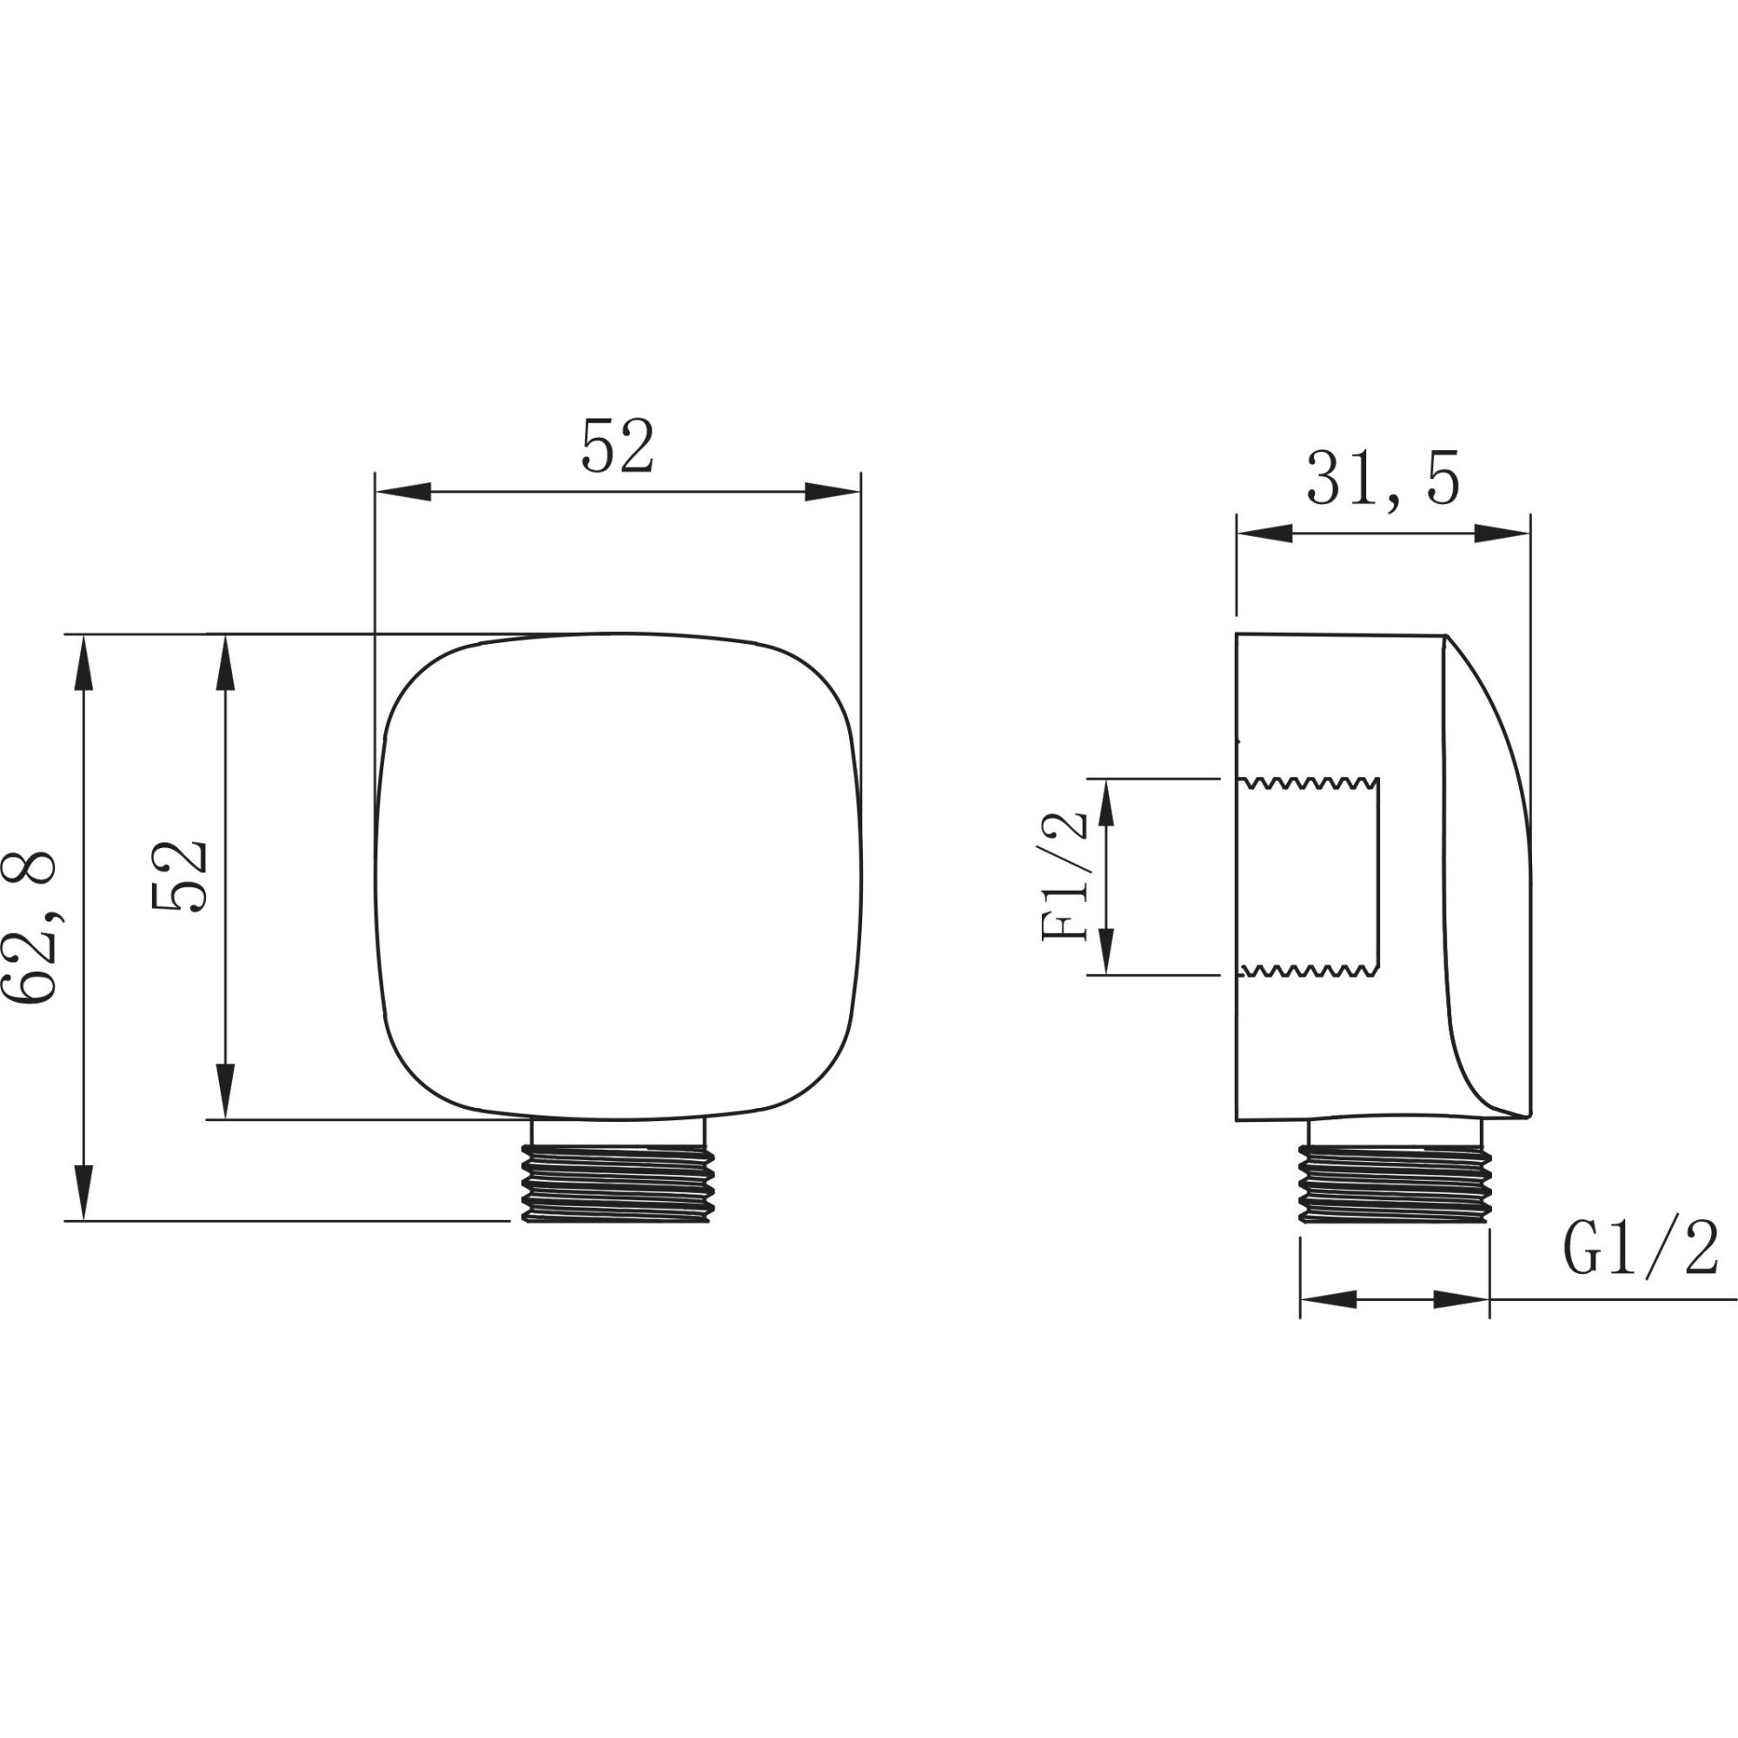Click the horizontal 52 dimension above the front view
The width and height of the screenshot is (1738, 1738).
(617, 446)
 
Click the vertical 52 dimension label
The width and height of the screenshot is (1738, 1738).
(180, 877)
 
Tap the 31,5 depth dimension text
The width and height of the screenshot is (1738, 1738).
(1383, 480)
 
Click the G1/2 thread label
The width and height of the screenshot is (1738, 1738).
(1641, 1250)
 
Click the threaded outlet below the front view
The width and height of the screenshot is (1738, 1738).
(618, 1183)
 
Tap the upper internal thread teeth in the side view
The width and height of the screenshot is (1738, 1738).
(1310, 784)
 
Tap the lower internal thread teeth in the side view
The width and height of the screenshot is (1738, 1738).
(1310, 970)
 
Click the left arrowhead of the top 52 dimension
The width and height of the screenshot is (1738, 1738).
(403, 492)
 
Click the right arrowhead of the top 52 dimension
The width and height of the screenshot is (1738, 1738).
(833, 492)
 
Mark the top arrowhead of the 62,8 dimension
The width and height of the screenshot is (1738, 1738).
(83, 663)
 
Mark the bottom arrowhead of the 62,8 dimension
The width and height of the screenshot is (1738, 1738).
(83, 1192)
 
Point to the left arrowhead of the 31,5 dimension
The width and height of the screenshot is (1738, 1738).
(1264, 534)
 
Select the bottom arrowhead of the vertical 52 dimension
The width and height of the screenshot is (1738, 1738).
(225, 1091)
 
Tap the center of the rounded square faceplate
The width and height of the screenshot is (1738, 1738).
(618, 877)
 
